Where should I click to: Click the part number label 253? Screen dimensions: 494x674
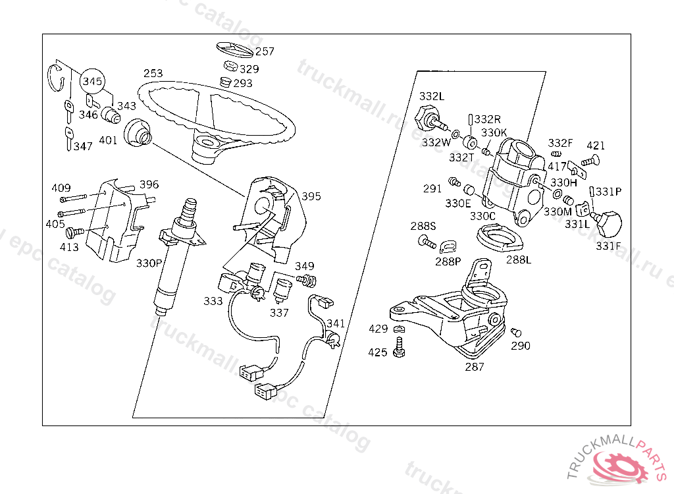pos(153,73)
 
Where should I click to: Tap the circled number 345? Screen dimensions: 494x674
pos(92,82)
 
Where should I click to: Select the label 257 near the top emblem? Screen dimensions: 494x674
pos(265,51)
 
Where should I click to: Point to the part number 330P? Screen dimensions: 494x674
pos(149,263)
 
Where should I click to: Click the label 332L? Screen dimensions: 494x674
pos(431,96)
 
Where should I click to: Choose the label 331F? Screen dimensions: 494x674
pos(608,246)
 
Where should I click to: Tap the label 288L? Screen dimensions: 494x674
pos(519,259)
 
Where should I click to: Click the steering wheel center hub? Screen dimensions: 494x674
pos(209,143)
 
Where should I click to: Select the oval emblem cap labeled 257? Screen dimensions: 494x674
pos(234,50)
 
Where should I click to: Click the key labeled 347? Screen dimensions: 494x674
pos(69,139)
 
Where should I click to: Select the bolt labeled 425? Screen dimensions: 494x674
pos(398,347)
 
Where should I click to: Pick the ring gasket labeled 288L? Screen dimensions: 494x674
pos(499,235)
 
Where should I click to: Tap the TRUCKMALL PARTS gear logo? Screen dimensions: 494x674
pos(619,468)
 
